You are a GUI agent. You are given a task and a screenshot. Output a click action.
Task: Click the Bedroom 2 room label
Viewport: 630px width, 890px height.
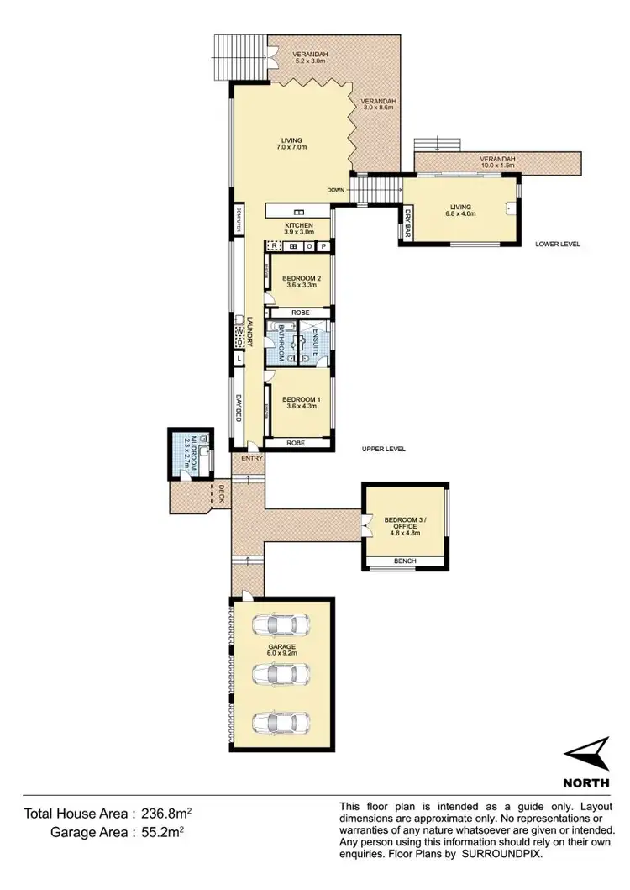click(x=302, y=281)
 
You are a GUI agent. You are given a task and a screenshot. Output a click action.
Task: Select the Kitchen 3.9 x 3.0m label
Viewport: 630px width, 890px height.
click(x=299, y=229)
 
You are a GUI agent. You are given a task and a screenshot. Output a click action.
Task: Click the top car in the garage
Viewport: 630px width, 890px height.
click(x=281, y=626)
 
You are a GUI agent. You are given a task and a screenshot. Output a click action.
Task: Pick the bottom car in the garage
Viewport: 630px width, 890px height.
click(x=281, y=723)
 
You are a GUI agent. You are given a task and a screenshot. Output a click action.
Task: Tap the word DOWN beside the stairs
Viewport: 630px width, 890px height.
click(x=336, y=190)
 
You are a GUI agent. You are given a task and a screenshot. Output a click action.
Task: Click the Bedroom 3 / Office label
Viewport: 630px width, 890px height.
click(x=400, y=523)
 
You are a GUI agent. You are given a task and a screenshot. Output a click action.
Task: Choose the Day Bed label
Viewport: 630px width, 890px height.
click(x=239, y=413)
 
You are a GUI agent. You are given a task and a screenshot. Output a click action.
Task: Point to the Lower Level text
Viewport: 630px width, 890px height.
click(x=558, y=245)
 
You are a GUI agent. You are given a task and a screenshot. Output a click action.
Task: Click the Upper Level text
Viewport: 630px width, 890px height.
click(x=384, y=450)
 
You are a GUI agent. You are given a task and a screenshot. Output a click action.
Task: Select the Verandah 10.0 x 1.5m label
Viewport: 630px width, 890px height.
click(x=499, y=161)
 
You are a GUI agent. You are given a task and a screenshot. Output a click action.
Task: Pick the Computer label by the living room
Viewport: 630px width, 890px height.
click(x=239, y=219)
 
